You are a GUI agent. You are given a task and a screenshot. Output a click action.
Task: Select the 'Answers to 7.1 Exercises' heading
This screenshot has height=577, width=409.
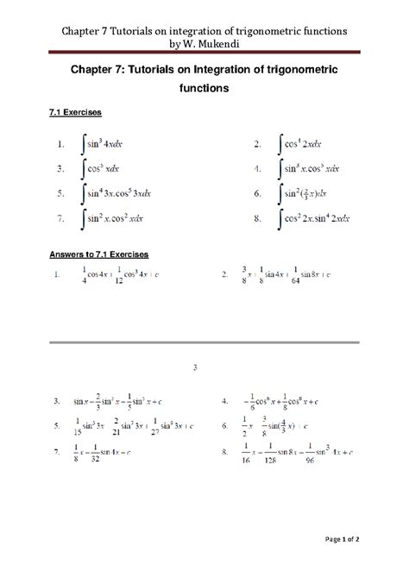[99, 254]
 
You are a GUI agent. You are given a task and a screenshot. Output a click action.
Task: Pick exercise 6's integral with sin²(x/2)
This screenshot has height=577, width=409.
[309, 193]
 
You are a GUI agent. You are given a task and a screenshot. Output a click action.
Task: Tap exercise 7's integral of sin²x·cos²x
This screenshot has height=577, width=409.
[113, 219]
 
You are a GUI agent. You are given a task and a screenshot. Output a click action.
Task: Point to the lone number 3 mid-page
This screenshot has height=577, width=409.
[196, 368]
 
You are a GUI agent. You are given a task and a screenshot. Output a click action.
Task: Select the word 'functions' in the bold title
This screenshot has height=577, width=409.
[204, 87]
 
